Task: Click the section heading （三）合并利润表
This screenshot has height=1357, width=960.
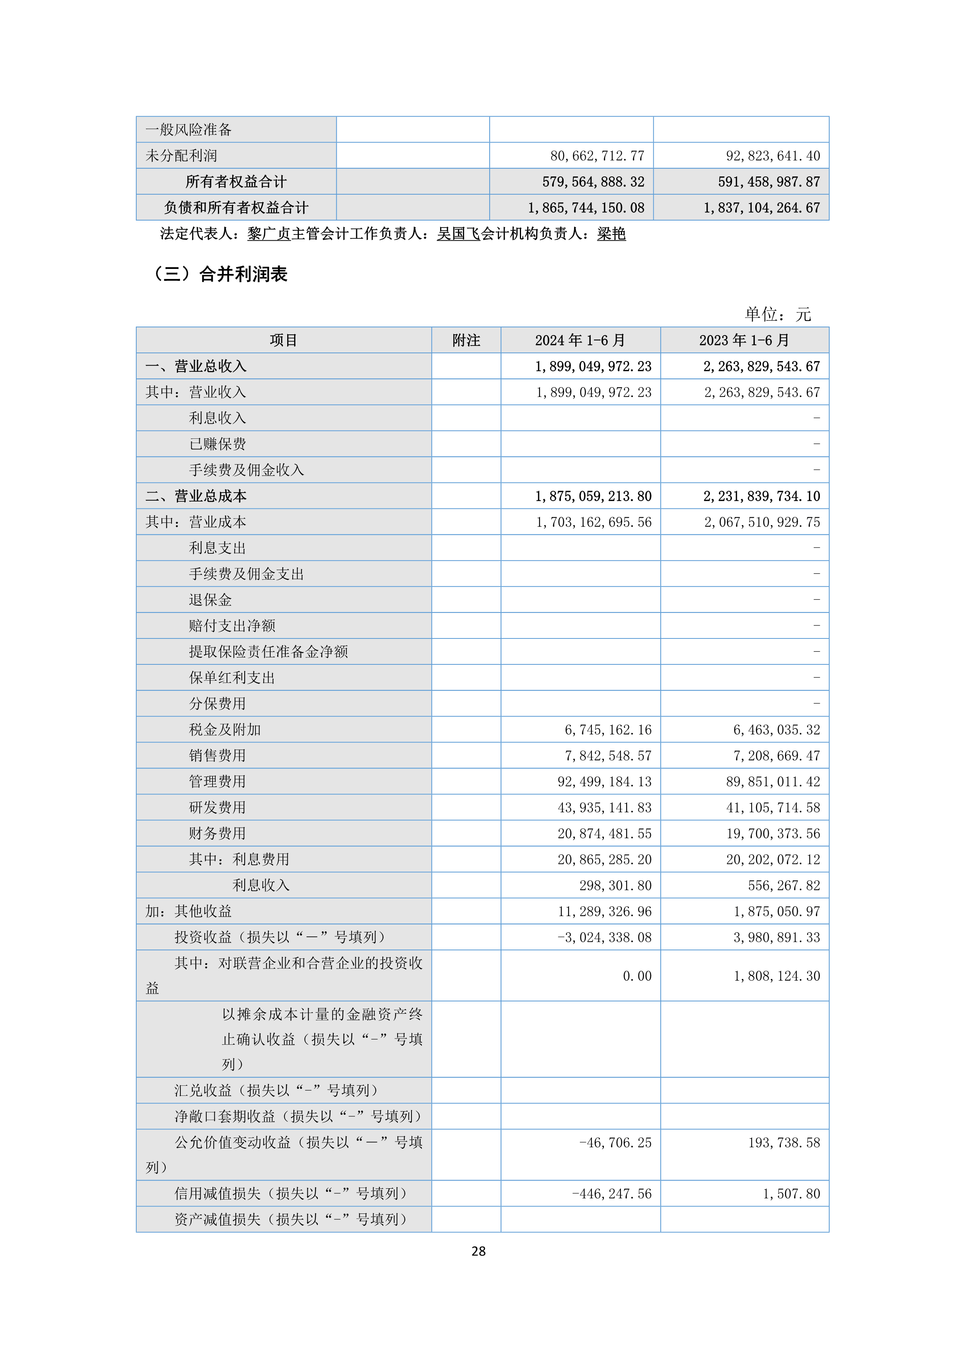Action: pos(220,274)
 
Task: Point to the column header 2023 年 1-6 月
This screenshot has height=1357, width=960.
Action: pos(744,341)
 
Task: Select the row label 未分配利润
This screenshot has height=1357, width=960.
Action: pos(182,156)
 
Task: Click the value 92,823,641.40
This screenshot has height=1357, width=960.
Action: pos(773,156)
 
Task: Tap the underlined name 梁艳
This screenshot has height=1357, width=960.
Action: pos(611,234)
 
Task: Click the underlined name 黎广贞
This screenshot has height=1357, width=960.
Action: pos(269,234)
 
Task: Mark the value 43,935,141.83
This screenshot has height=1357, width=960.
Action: pos(604,807)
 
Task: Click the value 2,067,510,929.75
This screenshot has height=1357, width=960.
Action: pos(762,522)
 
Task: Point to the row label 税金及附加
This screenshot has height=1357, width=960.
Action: pos(225,729)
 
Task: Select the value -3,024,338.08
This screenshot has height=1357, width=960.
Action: pos(604,938)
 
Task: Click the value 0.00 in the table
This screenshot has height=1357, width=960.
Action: pos(637,976)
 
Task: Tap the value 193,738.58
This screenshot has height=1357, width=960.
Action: pos(784,1143)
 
